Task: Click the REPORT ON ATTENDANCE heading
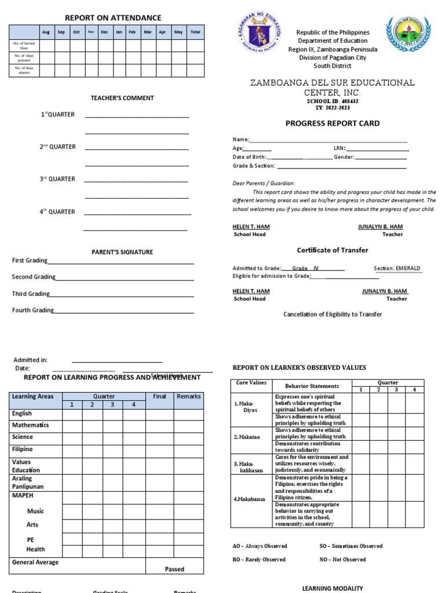(113, 18)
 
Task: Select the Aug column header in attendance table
(46, 32)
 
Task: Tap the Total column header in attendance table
(195, 32)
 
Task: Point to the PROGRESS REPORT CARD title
(333, 123)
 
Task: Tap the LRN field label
(340, 148)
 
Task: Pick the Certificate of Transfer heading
(333, 250)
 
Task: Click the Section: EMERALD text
(397, 268)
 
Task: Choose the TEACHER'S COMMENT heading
(122, 98)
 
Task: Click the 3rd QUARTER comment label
(57, 179)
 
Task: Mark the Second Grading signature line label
(34, 277)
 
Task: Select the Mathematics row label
(30, 425)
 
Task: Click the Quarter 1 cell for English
(72, 414)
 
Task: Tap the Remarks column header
(188, 397)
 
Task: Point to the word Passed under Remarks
(174, 569)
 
